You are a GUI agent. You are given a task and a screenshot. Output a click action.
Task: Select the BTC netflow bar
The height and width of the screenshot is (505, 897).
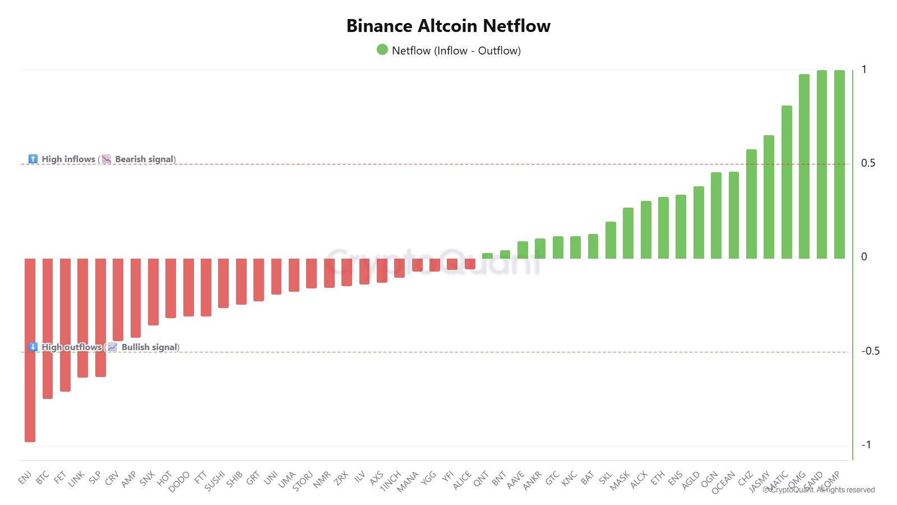click(48, 328)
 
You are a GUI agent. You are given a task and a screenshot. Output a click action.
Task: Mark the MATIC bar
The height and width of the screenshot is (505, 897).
click(787, 182)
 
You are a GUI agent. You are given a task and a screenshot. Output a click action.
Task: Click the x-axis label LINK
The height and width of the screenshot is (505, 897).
click(76, 478)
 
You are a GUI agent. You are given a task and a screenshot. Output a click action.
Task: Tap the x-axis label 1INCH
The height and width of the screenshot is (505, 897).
click(391, 481)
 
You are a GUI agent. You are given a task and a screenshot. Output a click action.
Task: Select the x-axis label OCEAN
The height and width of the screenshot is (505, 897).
click(723, 483)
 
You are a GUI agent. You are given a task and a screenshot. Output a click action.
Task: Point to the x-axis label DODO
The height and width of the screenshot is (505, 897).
click(179, 481)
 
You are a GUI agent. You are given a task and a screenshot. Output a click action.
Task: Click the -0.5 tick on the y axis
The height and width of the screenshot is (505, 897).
click(870, 351)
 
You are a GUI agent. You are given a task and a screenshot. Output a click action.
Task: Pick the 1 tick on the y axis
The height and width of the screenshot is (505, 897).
click(864, 70)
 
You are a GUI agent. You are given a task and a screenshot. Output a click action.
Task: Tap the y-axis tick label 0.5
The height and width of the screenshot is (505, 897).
click(868, 163)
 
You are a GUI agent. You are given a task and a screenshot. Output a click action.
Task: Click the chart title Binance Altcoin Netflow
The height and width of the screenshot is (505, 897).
click(448, 26)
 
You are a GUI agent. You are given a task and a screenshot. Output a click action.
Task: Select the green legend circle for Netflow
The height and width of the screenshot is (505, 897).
click(382, 50)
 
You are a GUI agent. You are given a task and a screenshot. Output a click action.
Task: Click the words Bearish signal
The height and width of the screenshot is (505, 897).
click(145, 159)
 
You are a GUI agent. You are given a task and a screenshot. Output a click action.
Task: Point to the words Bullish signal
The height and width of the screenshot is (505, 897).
click(149, 347)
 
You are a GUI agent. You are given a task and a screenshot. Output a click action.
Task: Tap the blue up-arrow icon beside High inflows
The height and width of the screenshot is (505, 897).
click(33, 159)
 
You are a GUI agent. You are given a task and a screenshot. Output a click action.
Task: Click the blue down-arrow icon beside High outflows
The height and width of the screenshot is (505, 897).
click(33, 347)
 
